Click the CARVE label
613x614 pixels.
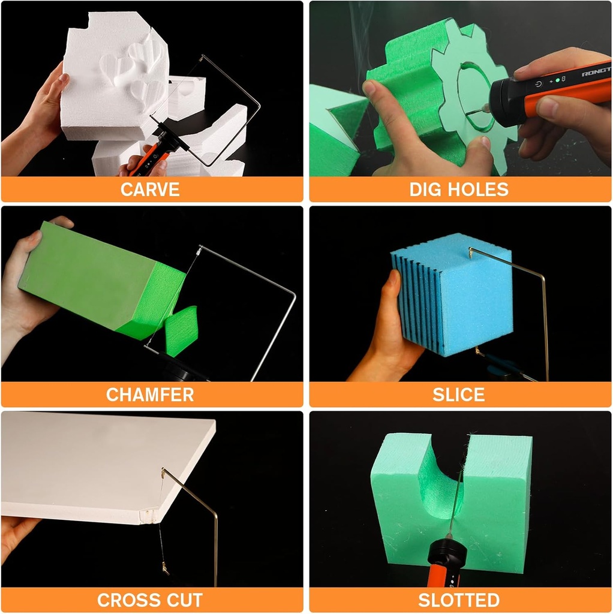150,189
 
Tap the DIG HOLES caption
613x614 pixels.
459,189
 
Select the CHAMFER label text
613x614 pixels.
150,395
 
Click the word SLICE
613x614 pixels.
459,395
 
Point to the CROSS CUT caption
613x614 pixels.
150,600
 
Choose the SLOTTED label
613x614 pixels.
459,600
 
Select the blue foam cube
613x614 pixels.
456,300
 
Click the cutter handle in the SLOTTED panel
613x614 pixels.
444,564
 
